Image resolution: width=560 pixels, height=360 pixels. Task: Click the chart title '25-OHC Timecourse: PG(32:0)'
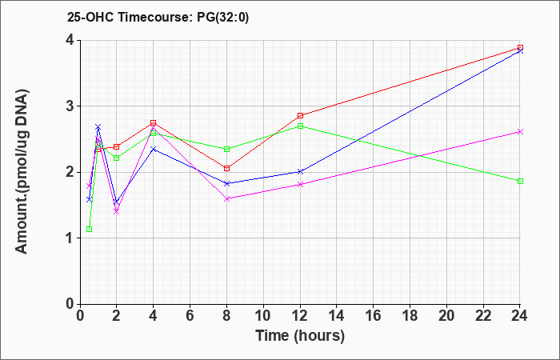pos(158,17)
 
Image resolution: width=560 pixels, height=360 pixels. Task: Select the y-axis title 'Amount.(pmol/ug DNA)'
pos(22,172)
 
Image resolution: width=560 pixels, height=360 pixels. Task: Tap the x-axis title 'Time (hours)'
pos(300,336)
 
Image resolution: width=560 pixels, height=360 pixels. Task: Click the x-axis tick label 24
pos(519,316)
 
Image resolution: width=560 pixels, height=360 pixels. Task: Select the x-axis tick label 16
pos(373,316)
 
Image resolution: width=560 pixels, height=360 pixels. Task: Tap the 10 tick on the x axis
pos(263,316)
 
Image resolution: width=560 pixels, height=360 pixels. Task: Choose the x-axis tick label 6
pos(190,316)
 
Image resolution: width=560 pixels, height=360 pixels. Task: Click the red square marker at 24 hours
pos(520,47)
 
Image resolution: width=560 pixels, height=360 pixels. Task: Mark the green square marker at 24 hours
pos(520,181)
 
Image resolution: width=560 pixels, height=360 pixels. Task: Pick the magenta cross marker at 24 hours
pos(520,132)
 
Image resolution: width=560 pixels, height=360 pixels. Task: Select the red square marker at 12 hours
pos(300,115)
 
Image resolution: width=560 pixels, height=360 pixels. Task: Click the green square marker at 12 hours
pos(300,126)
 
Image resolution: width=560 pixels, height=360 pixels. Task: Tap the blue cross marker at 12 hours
pos(300,172)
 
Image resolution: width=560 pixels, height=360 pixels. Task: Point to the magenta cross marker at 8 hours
pos(226,198)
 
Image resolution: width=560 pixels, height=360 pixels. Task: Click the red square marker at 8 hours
pos(226,168)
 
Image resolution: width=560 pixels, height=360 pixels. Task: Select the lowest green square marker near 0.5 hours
pos(90,229)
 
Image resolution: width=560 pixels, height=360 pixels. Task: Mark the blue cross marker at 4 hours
pos(154,149)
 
